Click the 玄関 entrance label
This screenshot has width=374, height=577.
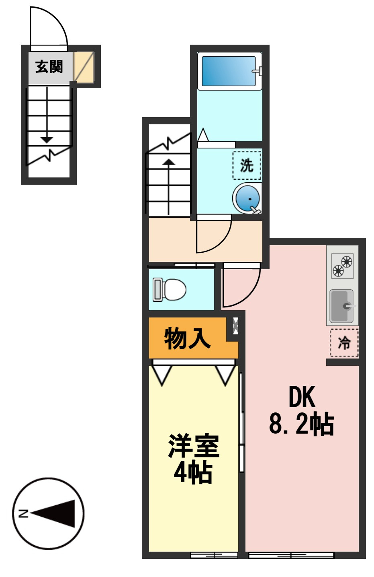pos(49,66)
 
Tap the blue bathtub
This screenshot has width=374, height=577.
pos(229,71)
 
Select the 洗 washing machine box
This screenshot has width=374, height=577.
pos(247,165)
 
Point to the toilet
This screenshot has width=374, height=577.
pos(170,289)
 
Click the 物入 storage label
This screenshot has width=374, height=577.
pos(187,338)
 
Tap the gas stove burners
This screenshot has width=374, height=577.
pos(342,266)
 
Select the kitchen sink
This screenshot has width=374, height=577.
pos(342,306)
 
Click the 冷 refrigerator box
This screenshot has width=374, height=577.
pos(344,343)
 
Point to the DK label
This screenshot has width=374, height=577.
pos(302,397)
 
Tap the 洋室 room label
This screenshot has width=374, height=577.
pos(194,446)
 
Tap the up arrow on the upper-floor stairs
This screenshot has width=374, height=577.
pos(169,163)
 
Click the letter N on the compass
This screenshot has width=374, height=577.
pos(22,513)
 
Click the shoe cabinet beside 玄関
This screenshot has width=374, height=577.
pos(84,67)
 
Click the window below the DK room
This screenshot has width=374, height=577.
pos(291,556)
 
